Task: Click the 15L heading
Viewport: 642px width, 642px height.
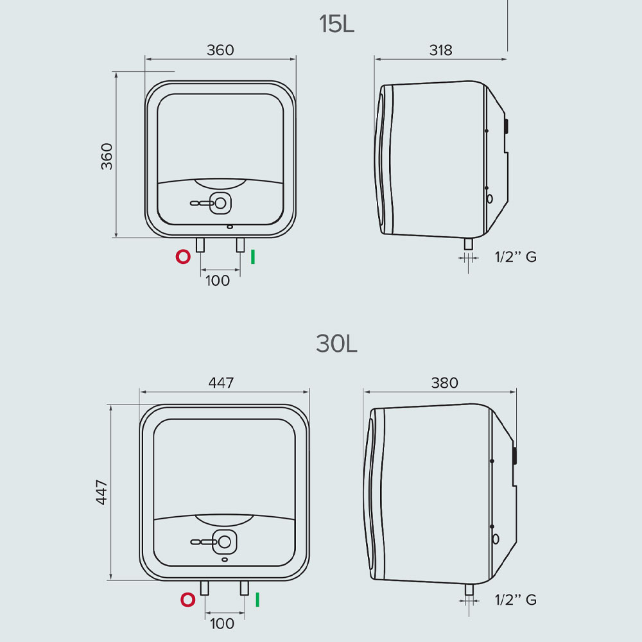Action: (336, 24)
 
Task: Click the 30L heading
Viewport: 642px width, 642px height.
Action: (336, 343)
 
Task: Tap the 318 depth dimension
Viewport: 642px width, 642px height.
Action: (440, 50)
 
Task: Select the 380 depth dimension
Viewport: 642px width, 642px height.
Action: (444, 383)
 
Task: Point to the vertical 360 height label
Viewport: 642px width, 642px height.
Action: (107, 156)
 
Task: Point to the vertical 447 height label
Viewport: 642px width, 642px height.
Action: (101, 492)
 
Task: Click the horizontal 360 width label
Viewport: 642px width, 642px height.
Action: (220, 50)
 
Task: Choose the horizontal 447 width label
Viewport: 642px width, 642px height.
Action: (221, 383)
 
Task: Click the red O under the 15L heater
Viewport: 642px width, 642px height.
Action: (183, 257)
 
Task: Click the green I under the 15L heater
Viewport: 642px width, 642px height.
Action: (253, 257)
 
